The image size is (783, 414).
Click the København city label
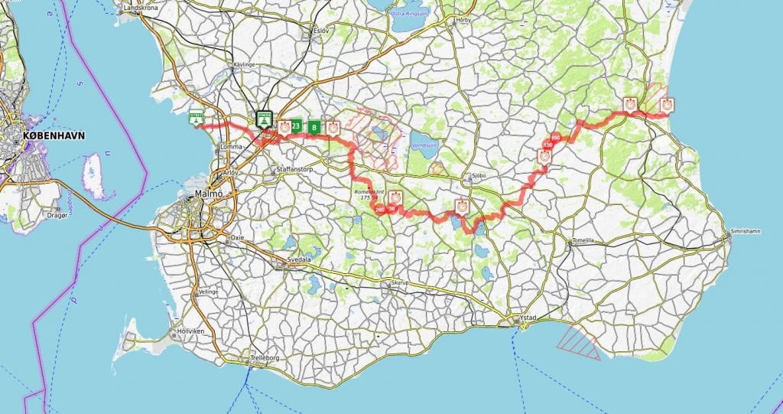click(54, 135)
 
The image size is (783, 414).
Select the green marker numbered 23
click(296, 126)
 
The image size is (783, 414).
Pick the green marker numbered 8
click(314, 127)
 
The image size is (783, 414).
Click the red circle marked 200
click(379, 210)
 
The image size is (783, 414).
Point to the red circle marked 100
click(555, 138)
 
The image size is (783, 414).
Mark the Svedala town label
click(299, 259)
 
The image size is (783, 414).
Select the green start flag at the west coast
click(197, 118)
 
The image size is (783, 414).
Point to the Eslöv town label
click(320, 30)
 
